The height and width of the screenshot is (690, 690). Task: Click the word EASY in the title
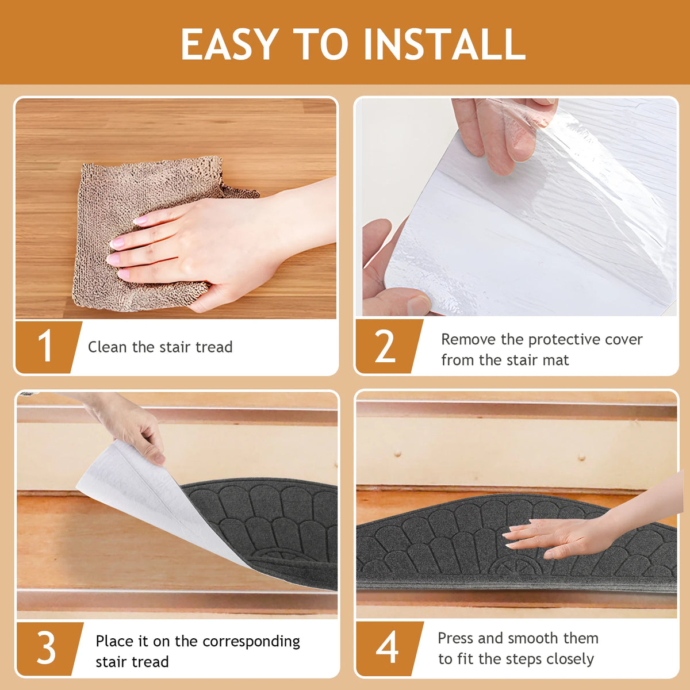pos(230,44)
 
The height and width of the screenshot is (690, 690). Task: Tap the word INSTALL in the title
pos(444,44)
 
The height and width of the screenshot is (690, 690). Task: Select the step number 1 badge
pos(49,347)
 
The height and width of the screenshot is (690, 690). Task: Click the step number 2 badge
pos(390,346)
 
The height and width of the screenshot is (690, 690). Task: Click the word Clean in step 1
pos(107,347)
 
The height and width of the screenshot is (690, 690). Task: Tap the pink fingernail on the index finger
pos(141,220)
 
